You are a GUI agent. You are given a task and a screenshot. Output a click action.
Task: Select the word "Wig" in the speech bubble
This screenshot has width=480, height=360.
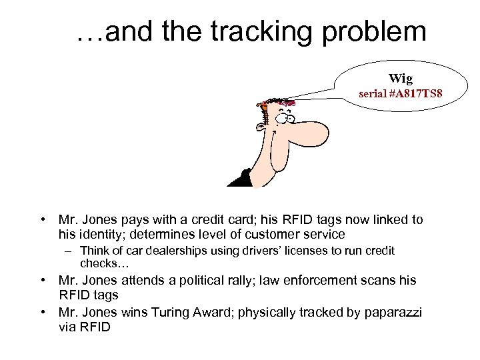click(x=401, y=79)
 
